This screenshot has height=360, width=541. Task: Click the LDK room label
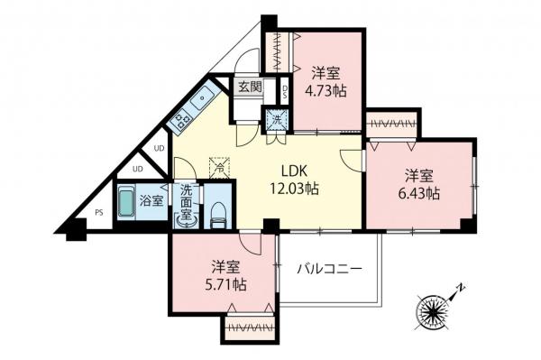click(x=294, y=171)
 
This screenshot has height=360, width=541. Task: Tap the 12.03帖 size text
click(x=294, y=189)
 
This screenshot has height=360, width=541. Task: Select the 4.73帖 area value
click(x=326, y=91)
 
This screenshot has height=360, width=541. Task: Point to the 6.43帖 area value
click(x=419, y=194)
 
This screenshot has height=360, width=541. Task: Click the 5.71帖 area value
click(x=225, y=285)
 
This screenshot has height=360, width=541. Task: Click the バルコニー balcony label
click(x=330, y=268)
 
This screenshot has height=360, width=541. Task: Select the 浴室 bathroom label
click(x=151, y=201)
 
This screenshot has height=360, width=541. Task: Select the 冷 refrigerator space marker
click(x=219, y=168)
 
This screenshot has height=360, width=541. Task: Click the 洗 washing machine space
click(x=278, y=120)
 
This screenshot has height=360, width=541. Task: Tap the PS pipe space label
click(x=99, y=213)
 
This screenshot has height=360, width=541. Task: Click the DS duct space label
click(x=285, y=91)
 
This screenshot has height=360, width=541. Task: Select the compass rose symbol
click(x=431, y=311)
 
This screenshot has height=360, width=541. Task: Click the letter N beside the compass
click(x=461, y=287)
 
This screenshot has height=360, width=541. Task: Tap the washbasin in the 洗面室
click(x=187, y=222)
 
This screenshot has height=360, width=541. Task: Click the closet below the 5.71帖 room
click(x=250, y=328)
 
